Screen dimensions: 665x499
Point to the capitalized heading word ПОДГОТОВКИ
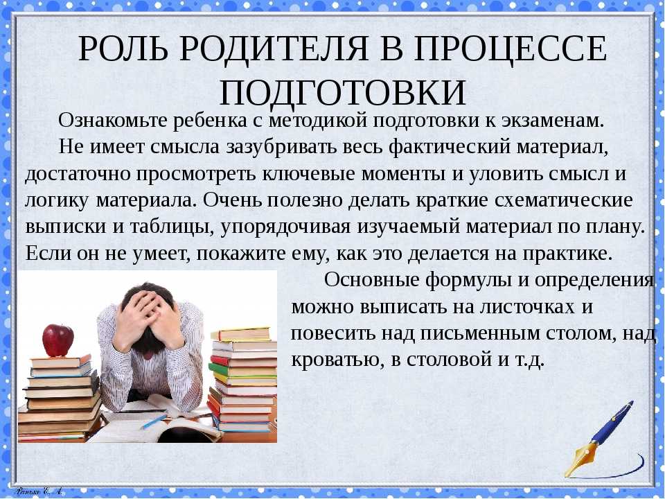[x=343, y=92]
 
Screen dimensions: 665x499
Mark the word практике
[x=568, y=254]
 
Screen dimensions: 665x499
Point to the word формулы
[x=477, y=281]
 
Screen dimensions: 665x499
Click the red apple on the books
[x=57, y=340]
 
